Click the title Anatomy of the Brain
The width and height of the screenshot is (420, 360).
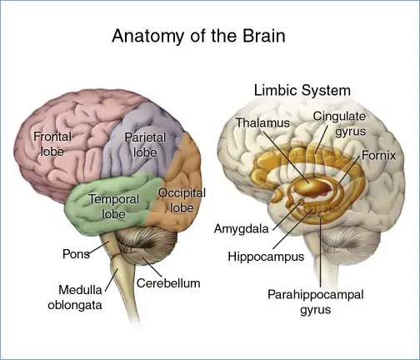(198, 36)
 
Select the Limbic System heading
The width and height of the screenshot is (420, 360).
(302, 91)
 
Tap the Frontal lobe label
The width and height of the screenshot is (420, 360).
(52, 144)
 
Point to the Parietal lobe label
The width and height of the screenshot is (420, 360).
(145, 145)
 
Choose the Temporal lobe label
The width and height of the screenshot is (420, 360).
(114, 207)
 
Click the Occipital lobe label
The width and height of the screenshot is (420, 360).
(182, 200)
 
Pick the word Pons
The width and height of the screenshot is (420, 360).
(76, 254)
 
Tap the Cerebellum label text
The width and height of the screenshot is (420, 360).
(168, 283)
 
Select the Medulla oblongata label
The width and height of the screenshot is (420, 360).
(75, 297)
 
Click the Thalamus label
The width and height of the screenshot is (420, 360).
(262, 122)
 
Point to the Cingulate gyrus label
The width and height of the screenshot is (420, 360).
(339, 124)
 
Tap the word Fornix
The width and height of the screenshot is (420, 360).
(378, 156)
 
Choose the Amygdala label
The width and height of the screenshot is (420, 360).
(241, 229)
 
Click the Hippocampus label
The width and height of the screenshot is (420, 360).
(266, 257)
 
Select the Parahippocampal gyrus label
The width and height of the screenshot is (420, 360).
(316, 302)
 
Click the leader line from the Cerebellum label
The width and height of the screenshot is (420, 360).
(152, 267)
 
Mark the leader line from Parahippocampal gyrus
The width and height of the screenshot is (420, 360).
(320, 253)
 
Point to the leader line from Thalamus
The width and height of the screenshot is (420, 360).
(286, 157)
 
